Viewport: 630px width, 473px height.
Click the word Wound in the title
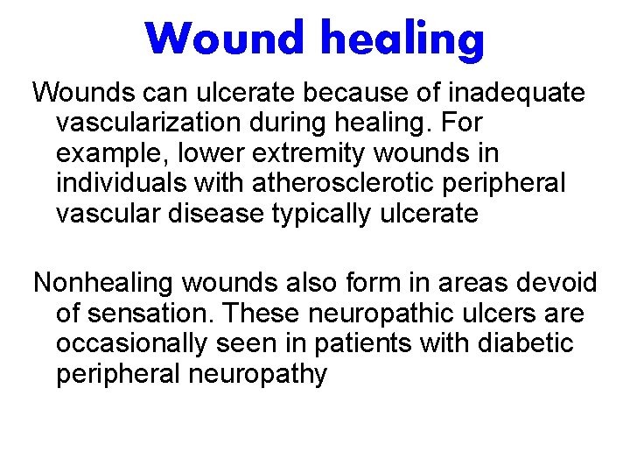[226, 39]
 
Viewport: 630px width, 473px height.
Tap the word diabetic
[525, 343]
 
